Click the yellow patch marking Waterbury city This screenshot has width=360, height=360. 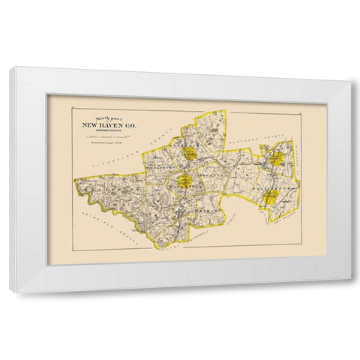pyautogui.click(x=184, y=181)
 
